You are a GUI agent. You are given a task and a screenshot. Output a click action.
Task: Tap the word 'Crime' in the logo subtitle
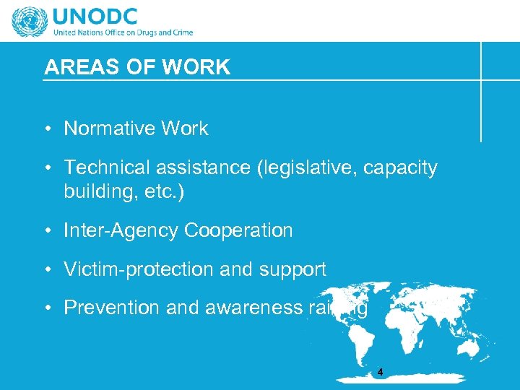181,32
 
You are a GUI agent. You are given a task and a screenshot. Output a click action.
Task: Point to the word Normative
110,129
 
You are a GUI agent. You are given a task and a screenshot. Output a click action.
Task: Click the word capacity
400,168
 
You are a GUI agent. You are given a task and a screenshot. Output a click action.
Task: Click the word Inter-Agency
121,230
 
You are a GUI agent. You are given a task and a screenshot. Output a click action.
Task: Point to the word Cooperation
238,230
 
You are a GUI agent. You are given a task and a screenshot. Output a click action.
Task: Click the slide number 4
380,373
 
